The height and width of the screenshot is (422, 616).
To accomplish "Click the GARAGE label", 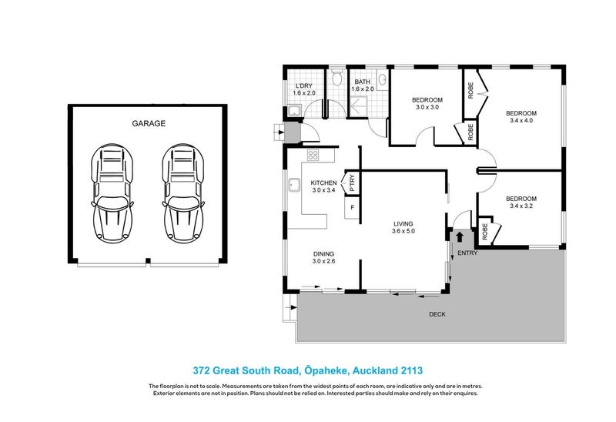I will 149,122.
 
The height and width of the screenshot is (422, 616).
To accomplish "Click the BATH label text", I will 362,82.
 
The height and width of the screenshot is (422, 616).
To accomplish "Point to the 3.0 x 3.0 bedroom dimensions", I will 427,108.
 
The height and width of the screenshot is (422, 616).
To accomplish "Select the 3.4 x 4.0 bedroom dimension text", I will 522,120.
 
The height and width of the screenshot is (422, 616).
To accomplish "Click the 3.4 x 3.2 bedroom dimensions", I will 522,206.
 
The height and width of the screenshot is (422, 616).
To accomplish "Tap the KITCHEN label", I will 323,183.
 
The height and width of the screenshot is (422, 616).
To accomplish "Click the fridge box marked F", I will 353,208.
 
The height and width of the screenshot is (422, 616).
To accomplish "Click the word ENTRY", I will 467,253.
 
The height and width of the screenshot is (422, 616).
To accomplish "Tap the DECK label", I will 437,314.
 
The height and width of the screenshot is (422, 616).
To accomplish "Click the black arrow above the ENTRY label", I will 459,238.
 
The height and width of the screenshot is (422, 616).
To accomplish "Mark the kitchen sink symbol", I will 294,185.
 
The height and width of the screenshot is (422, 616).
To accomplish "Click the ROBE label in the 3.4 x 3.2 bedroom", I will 486,229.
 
